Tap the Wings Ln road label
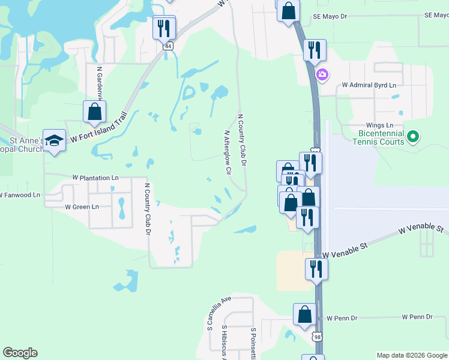(x=370, y=125)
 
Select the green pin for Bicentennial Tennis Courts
(x=412, y=137)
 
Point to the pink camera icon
(x=322, y=75)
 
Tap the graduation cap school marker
(x=55, y=140)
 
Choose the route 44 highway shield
(x=168, y=46)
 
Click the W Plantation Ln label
(x=95, y=178)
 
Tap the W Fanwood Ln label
(x=20, y=195)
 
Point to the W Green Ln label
(x=82, y=207)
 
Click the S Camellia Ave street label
(x=218, y=313)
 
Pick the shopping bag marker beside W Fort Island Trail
(x=94, y=111)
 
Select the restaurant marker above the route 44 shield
(x=163, y=28)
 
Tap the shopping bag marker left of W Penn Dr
(x=304, y=314)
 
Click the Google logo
(x=20, y=353)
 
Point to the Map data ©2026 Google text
(x=411, y=355)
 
